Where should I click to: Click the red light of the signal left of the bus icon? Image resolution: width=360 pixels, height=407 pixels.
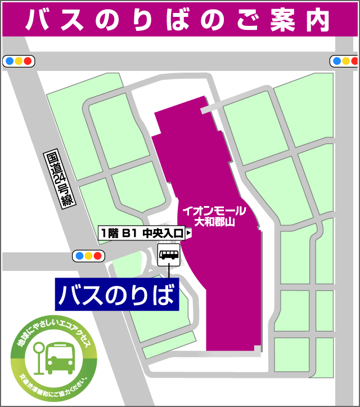[97, 256]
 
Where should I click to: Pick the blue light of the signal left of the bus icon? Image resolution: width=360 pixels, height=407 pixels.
[79, 256]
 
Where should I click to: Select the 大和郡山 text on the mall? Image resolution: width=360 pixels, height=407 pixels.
[214, 222]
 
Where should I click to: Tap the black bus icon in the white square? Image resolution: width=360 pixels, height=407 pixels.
[169, 255]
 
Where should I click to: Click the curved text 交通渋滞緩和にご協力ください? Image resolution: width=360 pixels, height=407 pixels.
[56, 386]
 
